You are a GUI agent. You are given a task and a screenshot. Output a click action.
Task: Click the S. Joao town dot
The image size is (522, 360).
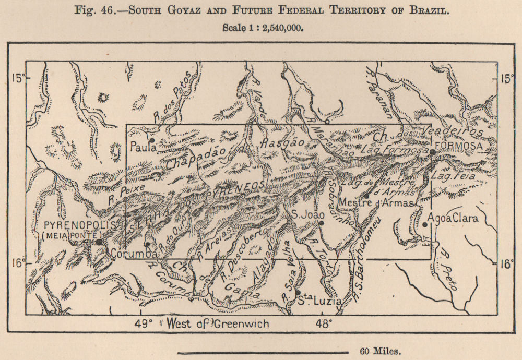tap(322, 223)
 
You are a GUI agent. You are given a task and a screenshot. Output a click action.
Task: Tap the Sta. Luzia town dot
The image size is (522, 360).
tap(298, 293)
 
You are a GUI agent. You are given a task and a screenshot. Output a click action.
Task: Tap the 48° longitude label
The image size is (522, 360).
tap(323, 323)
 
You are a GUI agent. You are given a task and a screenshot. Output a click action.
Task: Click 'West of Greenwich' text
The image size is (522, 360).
tap(218, 323)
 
